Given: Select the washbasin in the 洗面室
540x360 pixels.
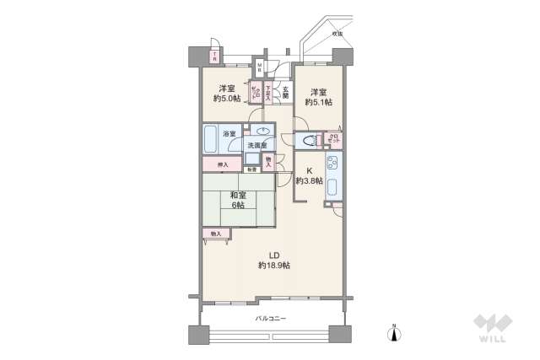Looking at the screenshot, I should point(262,131).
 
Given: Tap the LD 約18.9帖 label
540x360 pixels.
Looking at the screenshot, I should point(274,260).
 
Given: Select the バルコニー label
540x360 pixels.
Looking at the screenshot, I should point(271,318).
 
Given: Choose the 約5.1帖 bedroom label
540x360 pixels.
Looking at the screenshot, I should point(318,97).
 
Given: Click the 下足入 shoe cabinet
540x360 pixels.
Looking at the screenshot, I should point(268,94).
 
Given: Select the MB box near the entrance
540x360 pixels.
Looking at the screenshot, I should point(261,67).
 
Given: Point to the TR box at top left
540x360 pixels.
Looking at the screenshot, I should point(214,57).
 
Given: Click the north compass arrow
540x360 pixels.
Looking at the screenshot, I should point(393,334).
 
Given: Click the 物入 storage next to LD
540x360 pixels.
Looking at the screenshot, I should point(215,233).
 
